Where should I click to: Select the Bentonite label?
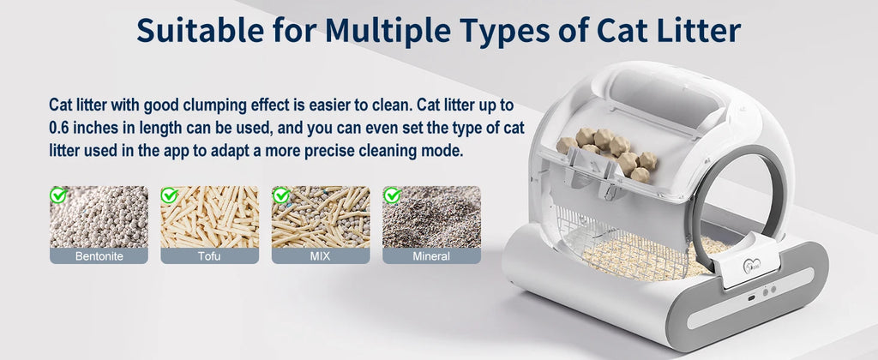[x=99, y=255]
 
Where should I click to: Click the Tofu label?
[x=209, y=255]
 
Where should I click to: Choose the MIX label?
[x=321, y=255]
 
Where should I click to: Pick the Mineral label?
[x=431, y=255]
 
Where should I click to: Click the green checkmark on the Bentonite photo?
[x=58, y=195]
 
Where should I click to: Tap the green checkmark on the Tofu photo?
[x=170, y=195]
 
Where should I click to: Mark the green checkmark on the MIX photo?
[x=280, y=195]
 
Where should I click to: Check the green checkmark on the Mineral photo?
[x=392, y=195]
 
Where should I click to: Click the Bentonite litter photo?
[x=99, y=219]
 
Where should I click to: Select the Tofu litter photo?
[x=209, y=219]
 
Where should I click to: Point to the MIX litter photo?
[x=321, y=219]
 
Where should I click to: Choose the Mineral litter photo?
[x=431, y=219]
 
